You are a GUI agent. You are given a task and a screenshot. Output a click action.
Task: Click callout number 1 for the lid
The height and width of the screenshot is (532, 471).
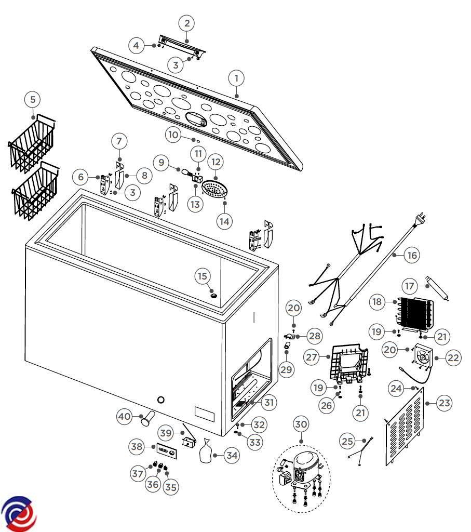point(236,79)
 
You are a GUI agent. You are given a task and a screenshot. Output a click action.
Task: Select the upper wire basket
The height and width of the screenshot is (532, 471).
point(33,142)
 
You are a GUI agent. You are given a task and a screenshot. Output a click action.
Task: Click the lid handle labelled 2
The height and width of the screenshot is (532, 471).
point(182,46)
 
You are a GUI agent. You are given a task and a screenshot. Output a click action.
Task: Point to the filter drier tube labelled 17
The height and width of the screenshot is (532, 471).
point(436,288)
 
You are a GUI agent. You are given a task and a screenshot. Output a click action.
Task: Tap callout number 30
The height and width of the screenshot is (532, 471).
point(301,423)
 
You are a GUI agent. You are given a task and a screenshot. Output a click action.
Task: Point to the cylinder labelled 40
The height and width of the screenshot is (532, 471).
point(148,417)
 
